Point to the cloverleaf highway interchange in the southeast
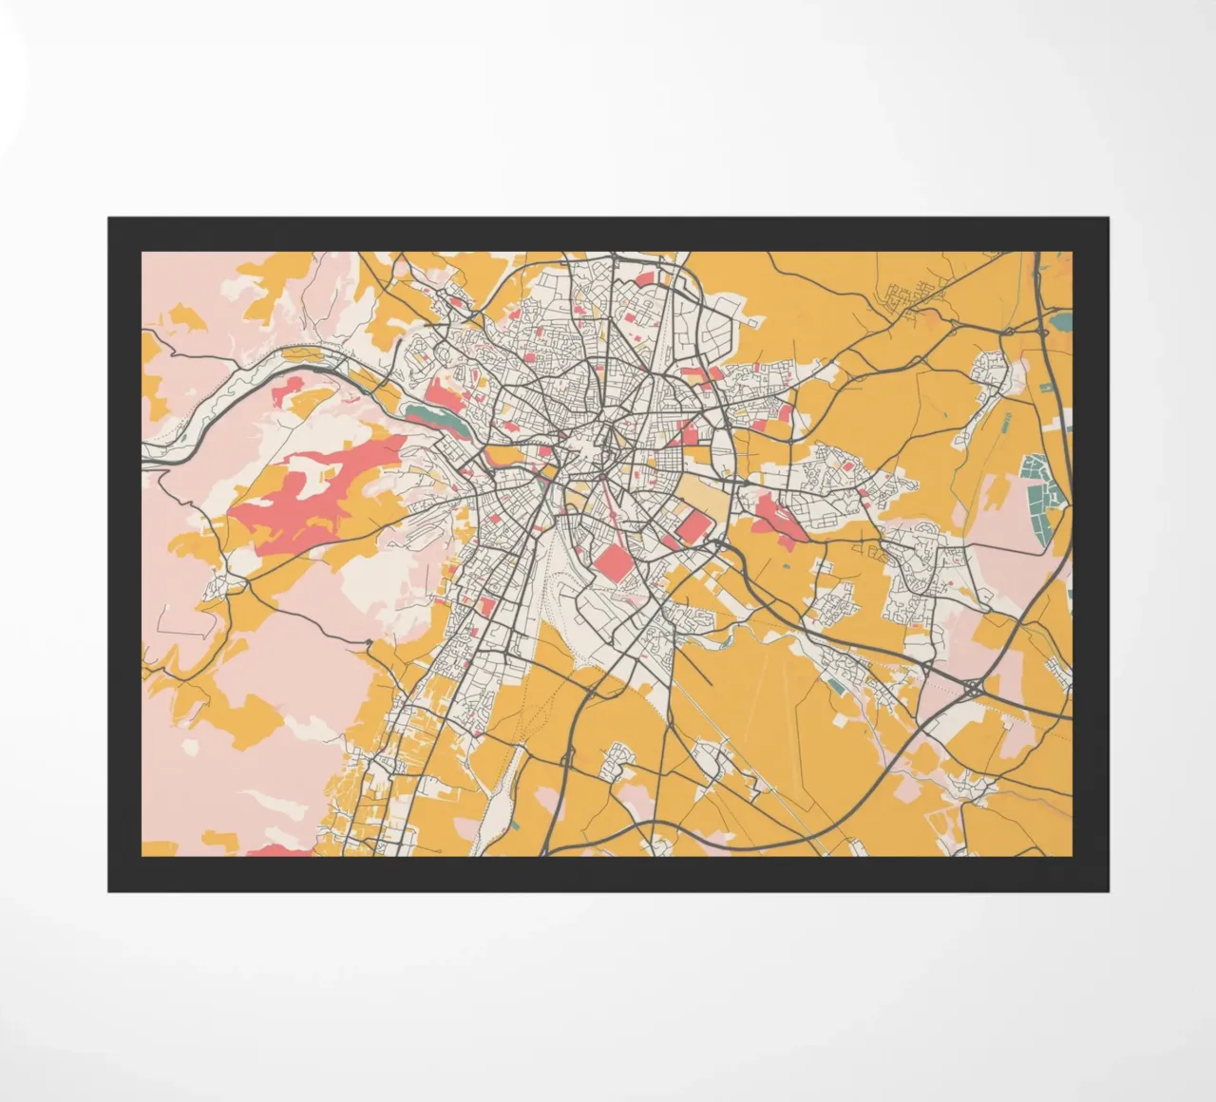972,685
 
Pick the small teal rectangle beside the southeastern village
836,683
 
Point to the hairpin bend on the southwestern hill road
368,644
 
